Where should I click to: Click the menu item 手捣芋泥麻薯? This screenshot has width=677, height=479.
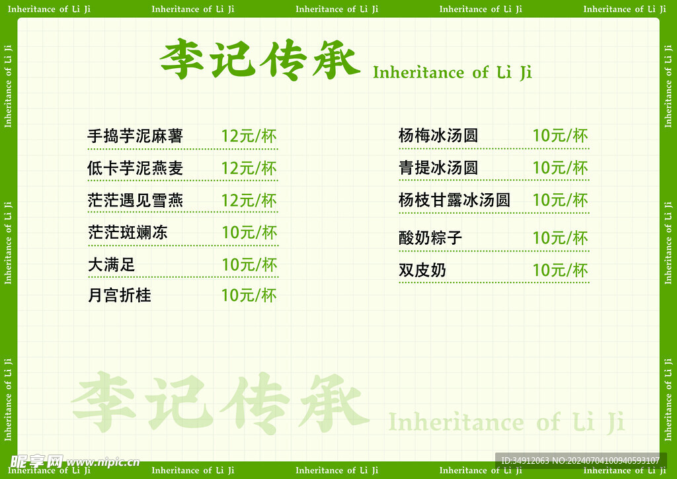[135, 136]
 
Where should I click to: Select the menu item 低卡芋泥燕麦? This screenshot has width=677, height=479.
[135, 168]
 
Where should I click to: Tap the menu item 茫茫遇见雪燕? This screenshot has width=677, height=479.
[135, 200]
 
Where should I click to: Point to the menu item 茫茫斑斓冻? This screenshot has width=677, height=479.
[128, 232]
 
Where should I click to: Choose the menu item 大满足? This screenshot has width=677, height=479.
[111, 265]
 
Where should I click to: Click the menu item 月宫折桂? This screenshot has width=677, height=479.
[120, 296]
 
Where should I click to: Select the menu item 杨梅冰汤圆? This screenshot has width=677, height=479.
[438, 136]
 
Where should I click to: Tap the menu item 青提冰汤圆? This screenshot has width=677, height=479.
[438, 167]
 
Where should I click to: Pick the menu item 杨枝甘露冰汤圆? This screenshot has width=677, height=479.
[454, 200]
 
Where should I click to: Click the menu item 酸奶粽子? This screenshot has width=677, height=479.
[430, 238]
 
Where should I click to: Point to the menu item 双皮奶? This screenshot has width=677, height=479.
[422, 270]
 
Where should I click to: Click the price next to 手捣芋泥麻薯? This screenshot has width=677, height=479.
[249, 136]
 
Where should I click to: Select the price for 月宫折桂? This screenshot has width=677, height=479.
[249, 296]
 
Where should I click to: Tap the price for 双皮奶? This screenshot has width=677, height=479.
[560, 271]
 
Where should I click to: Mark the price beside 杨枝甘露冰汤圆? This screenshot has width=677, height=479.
[560, 200]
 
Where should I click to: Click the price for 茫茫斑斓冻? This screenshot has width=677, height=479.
[249, 232]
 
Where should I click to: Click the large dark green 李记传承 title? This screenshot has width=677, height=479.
[260, 59]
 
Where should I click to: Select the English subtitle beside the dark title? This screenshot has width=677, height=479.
[452, 73]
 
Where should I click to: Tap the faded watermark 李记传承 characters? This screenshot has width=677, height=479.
[220, 402]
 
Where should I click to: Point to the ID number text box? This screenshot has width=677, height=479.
[580, 460]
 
